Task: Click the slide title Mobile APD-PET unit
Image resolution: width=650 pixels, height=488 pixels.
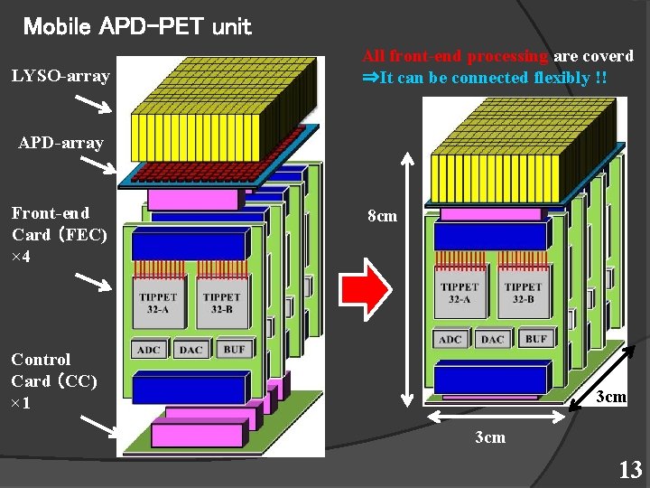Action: [137, 27]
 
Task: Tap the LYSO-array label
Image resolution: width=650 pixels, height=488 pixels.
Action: [60, 76]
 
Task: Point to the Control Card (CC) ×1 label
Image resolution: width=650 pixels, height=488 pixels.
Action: [54, 380]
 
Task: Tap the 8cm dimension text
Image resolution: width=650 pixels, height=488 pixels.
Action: [382, 216]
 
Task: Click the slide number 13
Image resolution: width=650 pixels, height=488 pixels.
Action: [629, 470]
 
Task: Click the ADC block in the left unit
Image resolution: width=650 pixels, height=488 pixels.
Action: [149, 350]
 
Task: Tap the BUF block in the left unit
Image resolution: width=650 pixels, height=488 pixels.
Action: [234, 349]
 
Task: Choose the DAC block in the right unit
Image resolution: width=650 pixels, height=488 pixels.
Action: [493, 340]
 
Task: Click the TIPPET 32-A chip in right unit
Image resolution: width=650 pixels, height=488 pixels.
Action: [460, 294]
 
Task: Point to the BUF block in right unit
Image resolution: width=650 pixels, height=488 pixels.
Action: [535, 339]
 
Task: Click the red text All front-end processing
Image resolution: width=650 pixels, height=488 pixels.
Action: [456, 56]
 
